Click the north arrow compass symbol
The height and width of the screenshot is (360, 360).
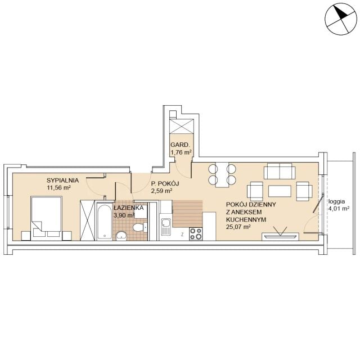[341, 19]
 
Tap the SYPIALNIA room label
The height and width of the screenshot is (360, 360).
[62, 181]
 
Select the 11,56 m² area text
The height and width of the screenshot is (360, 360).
[58, 187]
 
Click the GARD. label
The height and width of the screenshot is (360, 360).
[180, 145]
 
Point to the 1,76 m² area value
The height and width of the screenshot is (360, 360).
[181, 152]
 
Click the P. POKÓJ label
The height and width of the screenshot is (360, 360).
[165, 183]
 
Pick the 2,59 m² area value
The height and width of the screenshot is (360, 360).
[161, 191]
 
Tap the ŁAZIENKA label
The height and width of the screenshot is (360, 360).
[129, 208]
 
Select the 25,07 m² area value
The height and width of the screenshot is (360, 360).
[238, 227]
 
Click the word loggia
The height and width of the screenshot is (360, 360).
[336, 201]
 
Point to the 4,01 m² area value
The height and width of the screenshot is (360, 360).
[339, 209]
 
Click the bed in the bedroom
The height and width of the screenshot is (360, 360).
[46, 218]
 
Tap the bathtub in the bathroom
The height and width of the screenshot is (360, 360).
[105, 221]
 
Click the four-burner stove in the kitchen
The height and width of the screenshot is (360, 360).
[196, 234]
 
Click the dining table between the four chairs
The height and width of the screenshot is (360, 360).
[222, 175]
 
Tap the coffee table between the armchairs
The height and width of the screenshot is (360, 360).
[280, 191]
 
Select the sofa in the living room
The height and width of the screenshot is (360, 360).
[280, 171]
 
